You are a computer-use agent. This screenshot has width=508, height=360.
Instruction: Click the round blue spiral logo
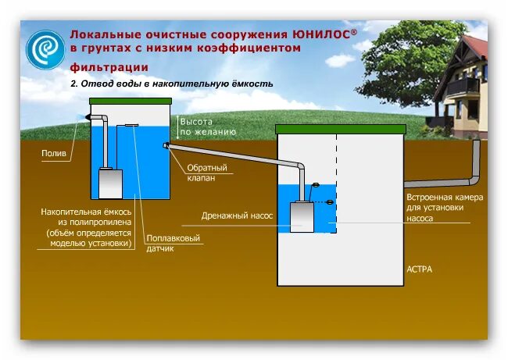pos(45,49)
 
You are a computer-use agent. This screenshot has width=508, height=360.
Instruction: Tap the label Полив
pos(53,153)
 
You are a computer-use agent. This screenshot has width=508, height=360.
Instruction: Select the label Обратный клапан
pos(207,173)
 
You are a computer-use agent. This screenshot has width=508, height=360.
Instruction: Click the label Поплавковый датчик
pos(174,243)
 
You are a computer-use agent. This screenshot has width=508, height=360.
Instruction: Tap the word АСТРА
pos(419,269)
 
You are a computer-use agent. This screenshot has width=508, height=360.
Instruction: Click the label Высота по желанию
pos(207,127)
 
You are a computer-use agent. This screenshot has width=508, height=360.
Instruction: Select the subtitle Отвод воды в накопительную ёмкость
pos(172,84)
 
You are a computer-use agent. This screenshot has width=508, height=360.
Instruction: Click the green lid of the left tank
pos(130,101)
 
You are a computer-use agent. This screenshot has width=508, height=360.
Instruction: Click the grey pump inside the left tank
pos(109,184)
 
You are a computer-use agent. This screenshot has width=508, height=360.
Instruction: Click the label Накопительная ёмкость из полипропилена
pos(86,226)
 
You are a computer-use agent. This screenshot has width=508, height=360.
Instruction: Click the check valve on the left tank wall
pos(166,146)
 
